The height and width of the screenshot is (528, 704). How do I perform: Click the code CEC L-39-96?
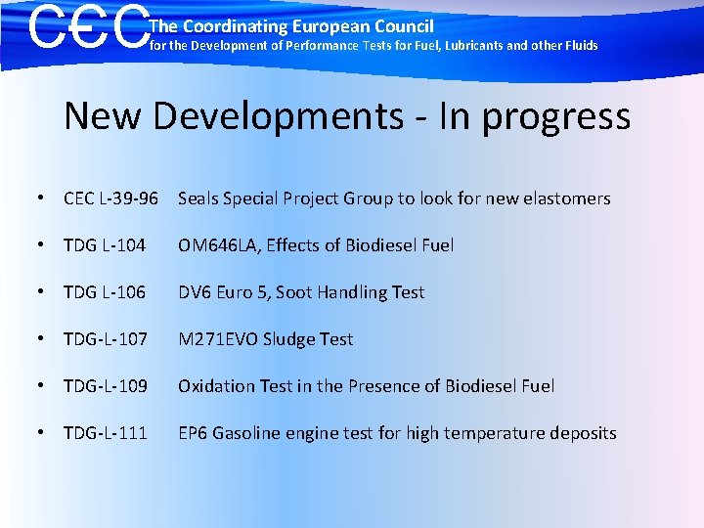pos(110,198)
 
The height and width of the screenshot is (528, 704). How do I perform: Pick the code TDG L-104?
pos(105,245)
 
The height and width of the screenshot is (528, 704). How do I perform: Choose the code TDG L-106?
pos(105,292)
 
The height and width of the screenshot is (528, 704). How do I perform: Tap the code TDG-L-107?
pos(106,339)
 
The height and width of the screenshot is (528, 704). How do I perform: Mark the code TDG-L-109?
pos(106,386)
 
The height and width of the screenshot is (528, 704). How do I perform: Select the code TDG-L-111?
pos(106,433)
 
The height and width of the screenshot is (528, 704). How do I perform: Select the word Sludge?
pos(288,339)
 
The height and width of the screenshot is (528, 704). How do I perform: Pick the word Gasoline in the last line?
pos(244,433)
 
